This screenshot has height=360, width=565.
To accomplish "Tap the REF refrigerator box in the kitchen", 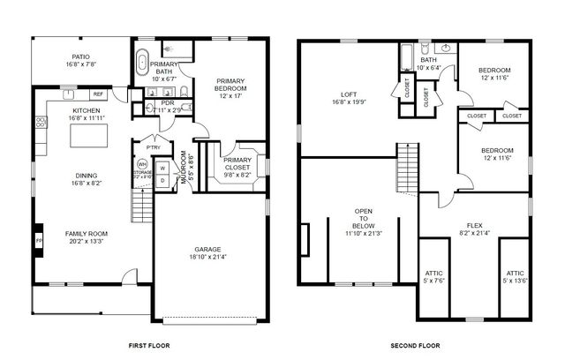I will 97,94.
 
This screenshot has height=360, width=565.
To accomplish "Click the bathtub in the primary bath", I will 142,64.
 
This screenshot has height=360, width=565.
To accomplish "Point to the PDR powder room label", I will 167,103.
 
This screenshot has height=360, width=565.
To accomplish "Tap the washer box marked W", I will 162,168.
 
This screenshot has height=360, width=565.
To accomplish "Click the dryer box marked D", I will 162,180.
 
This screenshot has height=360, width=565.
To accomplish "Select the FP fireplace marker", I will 38,239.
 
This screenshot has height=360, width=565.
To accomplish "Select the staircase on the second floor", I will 405,164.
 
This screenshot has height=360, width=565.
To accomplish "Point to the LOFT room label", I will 349,97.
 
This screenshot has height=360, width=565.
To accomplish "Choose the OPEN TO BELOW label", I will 363,221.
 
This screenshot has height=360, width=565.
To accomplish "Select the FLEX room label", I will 469,229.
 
